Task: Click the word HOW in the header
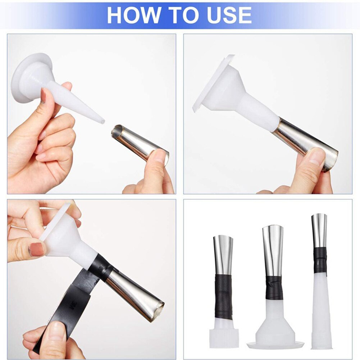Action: pos(134,15)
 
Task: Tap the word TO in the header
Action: pos(180,15)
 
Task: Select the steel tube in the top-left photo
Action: pos(137,142)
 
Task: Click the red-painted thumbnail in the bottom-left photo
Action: pos(36,249)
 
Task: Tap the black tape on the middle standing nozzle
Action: pos(274,288)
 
